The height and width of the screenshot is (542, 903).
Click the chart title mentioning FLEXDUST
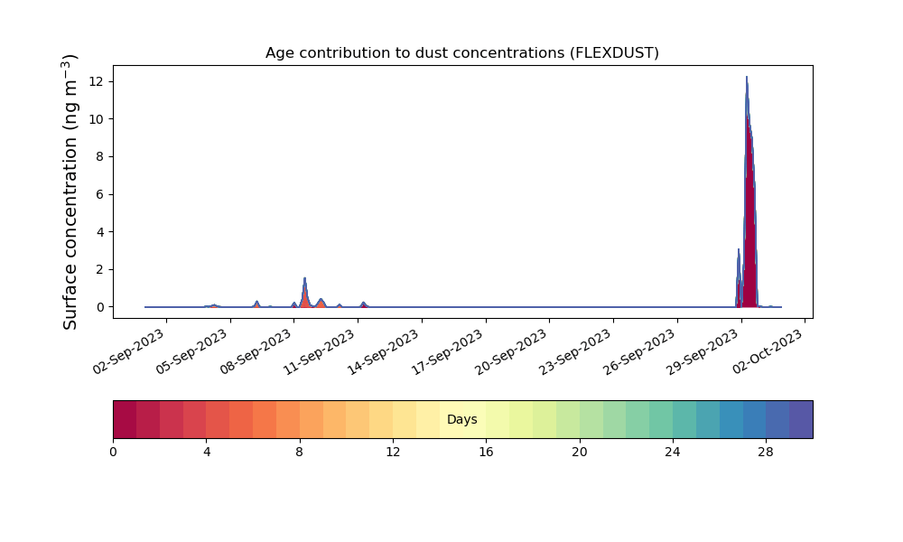(461, 53)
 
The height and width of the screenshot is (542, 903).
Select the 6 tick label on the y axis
(100, 195)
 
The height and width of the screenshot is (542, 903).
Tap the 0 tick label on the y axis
(100, 307)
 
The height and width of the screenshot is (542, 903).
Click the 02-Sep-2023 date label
(129, 351)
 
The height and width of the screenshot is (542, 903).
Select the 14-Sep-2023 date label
(384, 352)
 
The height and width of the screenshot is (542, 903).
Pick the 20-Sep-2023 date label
(511, 352)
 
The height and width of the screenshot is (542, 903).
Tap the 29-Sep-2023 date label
(702, 352)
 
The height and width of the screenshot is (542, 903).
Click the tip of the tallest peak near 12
(747, 77)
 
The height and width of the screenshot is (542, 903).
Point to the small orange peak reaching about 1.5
(304, 279)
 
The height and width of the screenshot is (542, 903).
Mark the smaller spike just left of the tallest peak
(739, 250)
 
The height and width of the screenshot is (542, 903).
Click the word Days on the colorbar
(461, 419)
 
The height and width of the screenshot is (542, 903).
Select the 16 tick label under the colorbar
(486, 453)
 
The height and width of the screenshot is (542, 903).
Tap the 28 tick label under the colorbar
(766, 453)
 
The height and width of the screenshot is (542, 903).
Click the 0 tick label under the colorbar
(113, 453)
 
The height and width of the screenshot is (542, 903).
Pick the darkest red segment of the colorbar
(125, 419)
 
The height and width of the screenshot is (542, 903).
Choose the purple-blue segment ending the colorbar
(801, 419)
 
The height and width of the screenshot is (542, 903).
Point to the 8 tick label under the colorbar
(300, 453)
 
